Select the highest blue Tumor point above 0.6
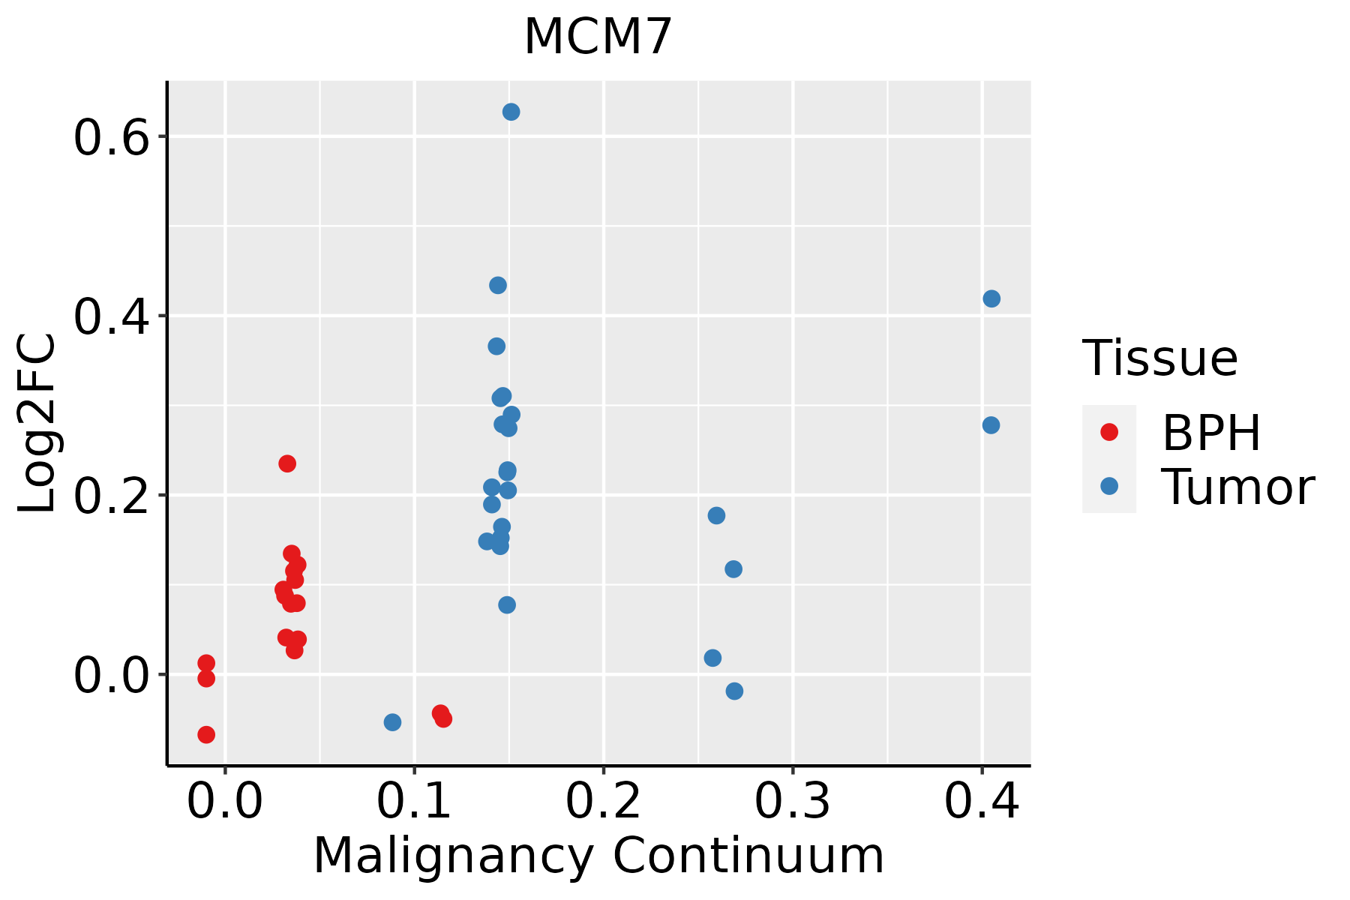click(511, 112)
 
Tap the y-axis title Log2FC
click(37, 424)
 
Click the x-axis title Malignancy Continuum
click(598, 856)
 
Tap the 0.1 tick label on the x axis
click(414, 802)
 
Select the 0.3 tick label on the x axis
click(792, 802)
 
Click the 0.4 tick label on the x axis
click(981, 802)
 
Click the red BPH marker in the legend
click(1108, 432)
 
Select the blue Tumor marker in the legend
click(1108, 486)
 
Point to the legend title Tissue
click(1159, 358)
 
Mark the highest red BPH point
click(287, 463)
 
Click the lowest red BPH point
click(206, 734)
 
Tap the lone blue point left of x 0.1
click(392, 722)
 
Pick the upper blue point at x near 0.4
click(991, 298)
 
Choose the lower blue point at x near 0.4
click(991, 425)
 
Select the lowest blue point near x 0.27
click(734, 691)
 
